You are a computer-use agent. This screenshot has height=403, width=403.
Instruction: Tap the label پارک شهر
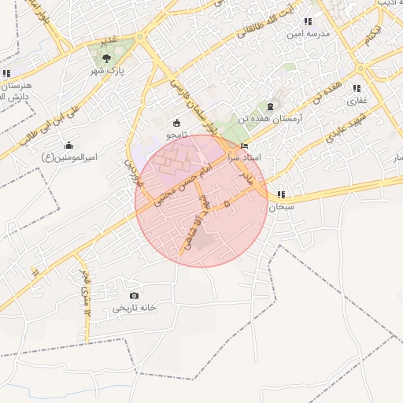[106, 69]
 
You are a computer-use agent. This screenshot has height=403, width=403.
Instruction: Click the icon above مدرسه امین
[308, 22]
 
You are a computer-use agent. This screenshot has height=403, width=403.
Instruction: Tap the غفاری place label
[357, 100]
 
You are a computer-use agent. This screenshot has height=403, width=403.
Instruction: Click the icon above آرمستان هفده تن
[271, 105]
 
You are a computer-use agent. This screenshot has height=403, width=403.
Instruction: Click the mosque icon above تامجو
[176, 123]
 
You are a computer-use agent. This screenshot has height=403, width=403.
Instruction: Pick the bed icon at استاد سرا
[244, 146]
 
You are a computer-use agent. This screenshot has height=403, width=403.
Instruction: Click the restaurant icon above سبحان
[281, 194]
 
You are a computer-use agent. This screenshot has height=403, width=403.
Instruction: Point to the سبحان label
[281, 207]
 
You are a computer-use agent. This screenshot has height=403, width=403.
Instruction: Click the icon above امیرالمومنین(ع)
[69, 145]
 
